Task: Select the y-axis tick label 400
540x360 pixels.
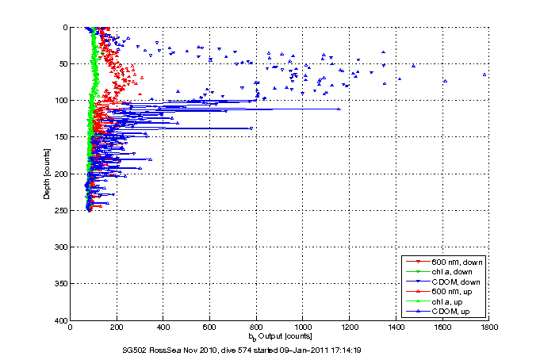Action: click(x=59, y=320)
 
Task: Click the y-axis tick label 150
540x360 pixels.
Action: click(x=59, y=137)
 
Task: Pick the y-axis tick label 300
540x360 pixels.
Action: click(x=59, y=247)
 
